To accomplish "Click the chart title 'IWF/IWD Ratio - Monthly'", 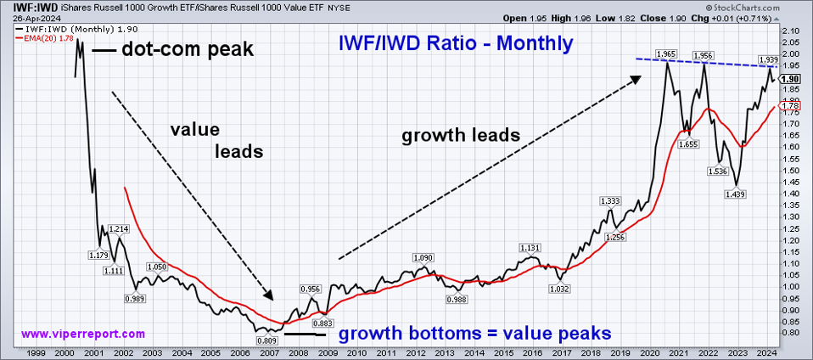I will click(455, 42).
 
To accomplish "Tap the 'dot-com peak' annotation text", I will click(188, 49).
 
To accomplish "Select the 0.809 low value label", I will click(264, 340).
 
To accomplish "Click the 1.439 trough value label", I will click(735, 194).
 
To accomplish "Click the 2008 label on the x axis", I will click(299, 352).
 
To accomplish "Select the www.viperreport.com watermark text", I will click(82, 334).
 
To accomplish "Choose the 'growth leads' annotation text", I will click(461, 135).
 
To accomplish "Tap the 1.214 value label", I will click(118, 229).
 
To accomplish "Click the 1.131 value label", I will click(530, 248).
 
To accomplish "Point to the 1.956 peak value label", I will click(703, 56).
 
